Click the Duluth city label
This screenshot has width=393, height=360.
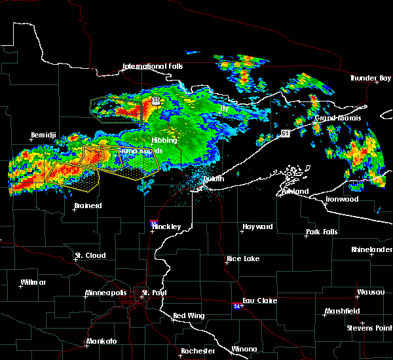coord(213,179)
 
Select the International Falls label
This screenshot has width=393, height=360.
coord(153,66)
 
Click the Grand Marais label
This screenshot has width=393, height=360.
coord(334,118)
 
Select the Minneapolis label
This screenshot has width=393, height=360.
coord(109,293)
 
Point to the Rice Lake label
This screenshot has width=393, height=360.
coord(243,259)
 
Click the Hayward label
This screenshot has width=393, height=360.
coord(257,226)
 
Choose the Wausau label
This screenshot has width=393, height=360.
coord(370,292)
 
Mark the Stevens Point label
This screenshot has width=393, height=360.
coord(370,327)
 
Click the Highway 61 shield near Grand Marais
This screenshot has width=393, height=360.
coord(285,133)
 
